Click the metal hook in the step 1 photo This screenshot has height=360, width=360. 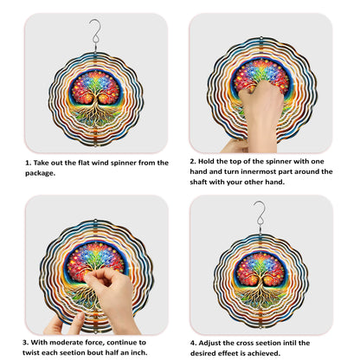tap(95, 32)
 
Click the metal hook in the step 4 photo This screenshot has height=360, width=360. tap(260, 215)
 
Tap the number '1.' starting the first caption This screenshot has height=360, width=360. tap(28, 163)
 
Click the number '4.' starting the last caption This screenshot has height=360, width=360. tap(193, 344)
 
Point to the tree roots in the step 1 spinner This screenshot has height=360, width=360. tap(95, 118)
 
